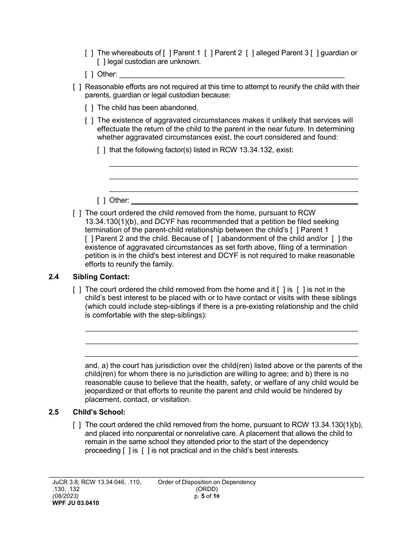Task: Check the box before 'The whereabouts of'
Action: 89,53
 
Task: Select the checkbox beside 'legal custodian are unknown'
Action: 101,62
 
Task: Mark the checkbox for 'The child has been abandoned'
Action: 89,108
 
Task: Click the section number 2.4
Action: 54,277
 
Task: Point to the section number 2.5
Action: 54,412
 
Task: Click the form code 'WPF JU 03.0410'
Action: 73,503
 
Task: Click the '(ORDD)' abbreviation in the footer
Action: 206,489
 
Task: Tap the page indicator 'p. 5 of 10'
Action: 206,496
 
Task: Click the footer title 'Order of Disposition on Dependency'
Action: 206,482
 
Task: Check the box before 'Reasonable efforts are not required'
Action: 77,87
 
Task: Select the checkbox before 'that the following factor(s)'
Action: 101,150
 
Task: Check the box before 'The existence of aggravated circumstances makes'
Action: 89,120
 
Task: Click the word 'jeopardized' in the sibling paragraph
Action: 104,391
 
